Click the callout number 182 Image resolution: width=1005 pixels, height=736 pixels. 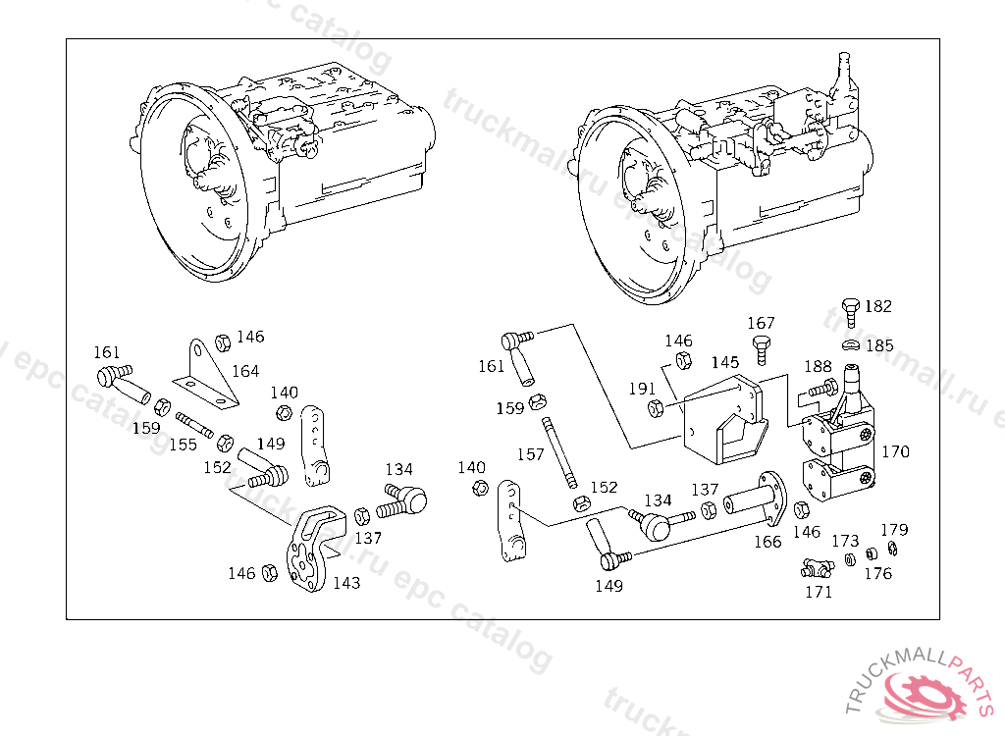click(877, 306)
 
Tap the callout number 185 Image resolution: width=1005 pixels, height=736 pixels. click(879, 346)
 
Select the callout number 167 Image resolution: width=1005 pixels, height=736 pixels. click(761, 323)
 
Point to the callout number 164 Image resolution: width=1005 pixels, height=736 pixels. click(244, 371)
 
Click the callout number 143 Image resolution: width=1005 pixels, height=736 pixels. click(346, 583)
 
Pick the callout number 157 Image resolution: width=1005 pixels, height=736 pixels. click(531, 454)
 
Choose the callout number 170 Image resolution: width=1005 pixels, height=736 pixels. click(895, 452)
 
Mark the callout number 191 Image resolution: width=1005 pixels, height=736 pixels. click(642, 389)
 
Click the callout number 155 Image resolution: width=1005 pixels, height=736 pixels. click(184, 445)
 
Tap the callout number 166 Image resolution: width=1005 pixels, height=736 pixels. click(767, 542)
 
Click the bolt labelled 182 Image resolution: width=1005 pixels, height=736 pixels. click(851, 312)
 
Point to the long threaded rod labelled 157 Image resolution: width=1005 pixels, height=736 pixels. click(558, 452)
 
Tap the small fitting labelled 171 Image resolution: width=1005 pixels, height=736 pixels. click(818, 568)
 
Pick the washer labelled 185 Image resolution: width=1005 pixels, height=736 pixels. click(851, 346)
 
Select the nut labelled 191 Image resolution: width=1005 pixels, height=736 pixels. click(655, 408)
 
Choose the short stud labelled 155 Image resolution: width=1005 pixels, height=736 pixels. click(194, 425)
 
